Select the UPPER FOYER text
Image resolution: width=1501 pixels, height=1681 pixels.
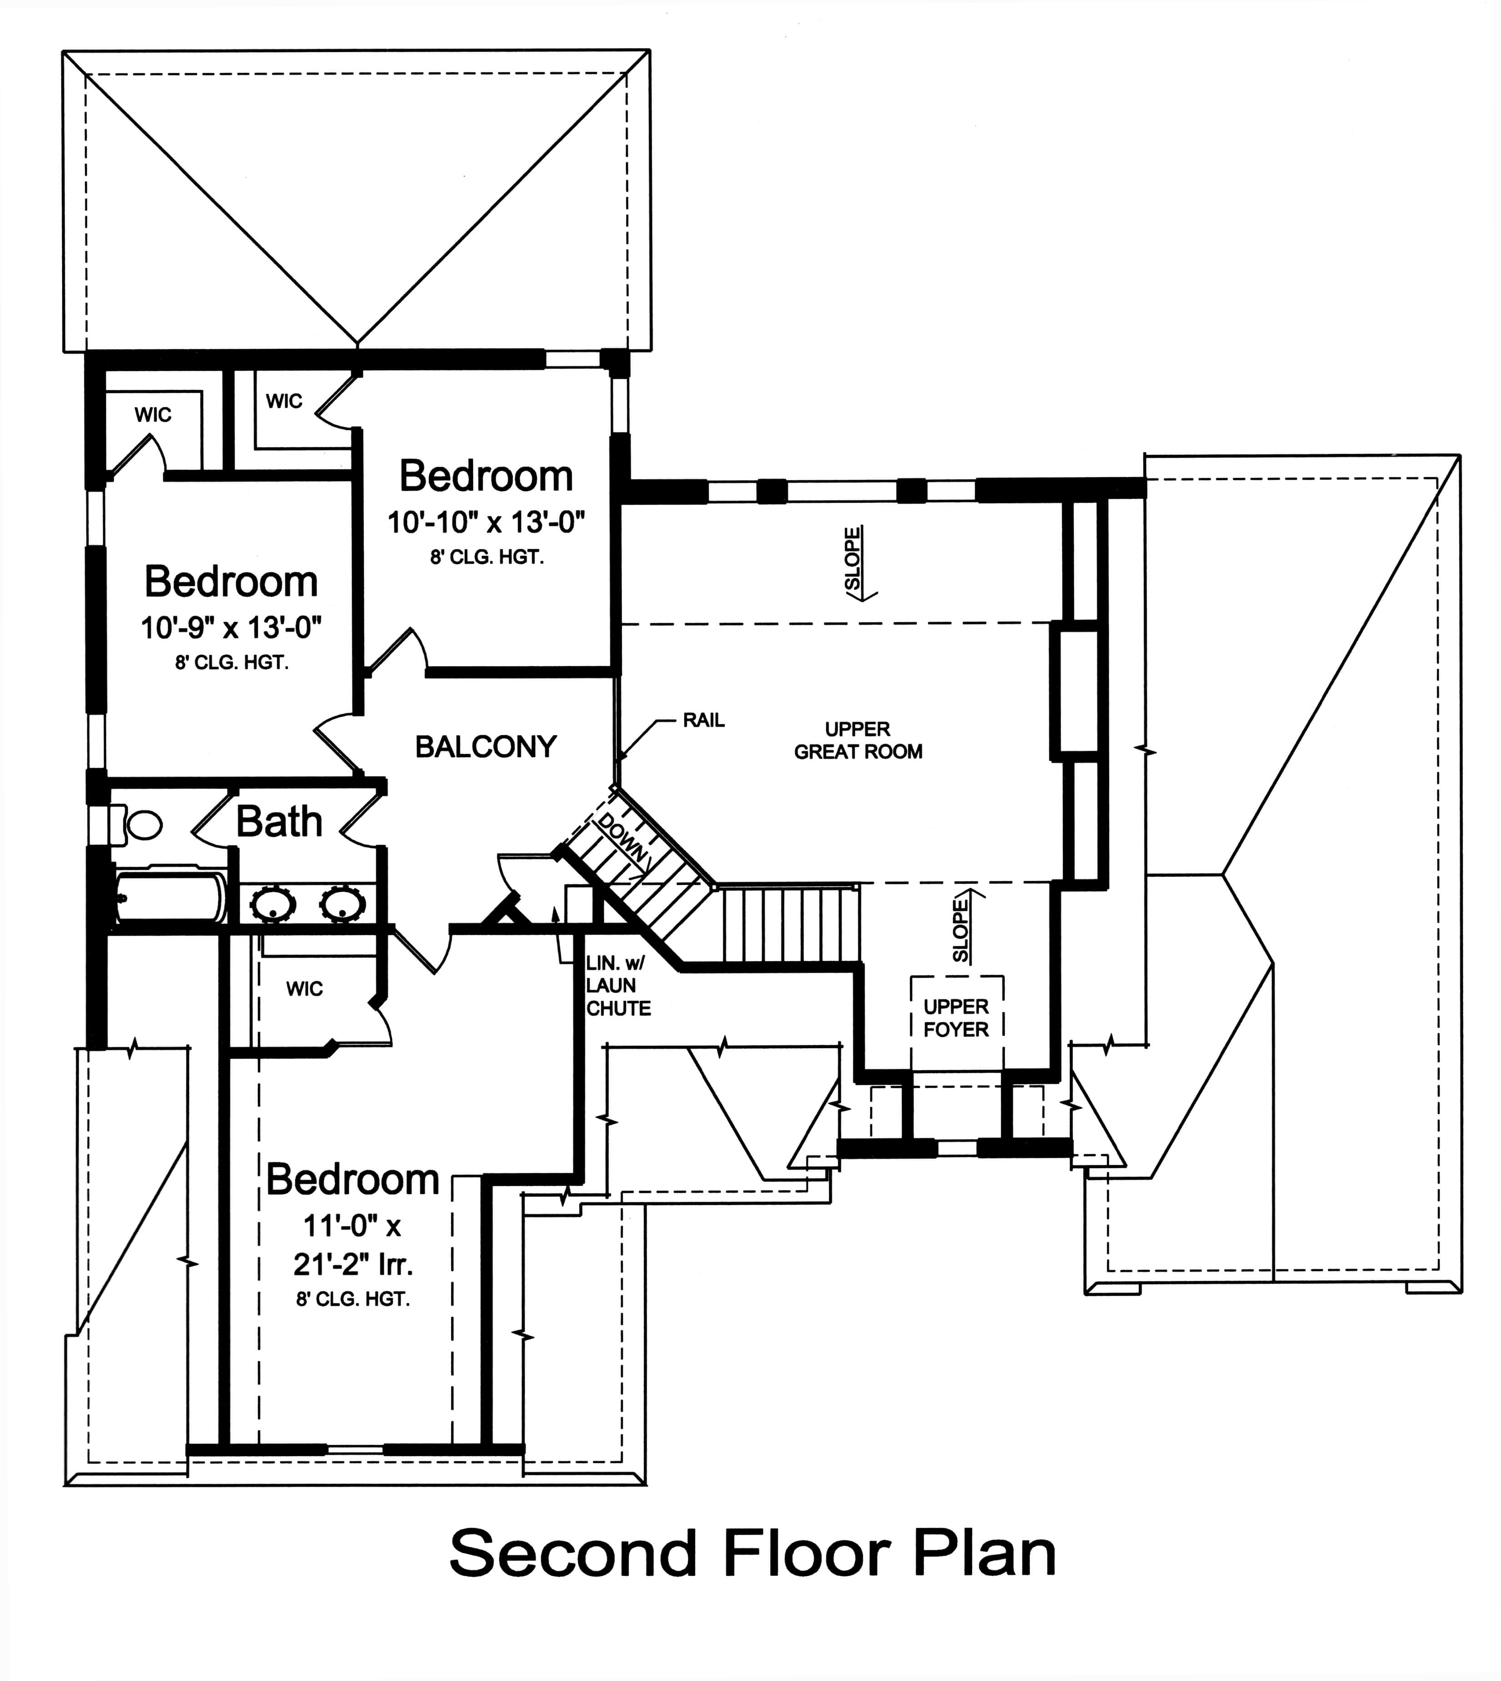coord(956,1018)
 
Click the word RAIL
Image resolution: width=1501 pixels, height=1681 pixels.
coord(704,720)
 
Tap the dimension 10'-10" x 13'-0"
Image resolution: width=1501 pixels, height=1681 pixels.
coord(486,522)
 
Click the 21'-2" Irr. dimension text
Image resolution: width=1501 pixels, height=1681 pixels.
coord(352,1264)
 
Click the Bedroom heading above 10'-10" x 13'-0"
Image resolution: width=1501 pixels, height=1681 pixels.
coord(486,476)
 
